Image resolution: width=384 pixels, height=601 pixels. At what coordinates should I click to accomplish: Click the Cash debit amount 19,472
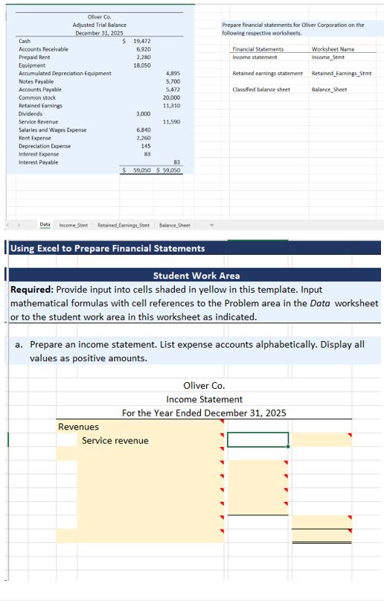point(141,41)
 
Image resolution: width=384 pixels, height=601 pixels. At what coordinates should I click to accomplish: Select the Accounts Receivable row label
point(43,49)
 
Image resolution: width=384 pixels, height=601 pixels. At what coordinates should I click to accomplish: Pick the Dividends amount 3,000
point(144,113)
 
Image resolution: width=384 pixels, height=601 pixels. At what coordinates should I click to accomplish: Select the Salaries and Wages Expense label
point(52,130)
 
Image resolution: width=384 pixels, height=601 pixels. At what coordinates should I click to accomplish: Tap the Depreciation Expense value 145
point(146,146)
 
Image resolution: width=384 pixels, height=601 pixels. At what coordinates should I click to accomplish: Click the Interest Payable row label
point(38,162)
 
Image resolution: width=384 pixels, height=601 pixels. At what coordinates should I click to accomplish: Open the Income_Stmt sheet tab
point(73,224)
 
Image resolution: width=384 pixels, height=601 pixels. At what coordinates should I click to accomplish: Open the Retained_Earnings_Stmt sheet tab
point(124,224)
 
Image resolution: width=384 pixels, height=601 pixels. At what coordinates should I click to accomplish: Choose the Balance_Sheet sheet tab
point(174,224)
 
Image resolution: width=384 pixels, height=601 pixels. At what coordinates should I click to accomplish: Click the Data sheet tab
point(45,224)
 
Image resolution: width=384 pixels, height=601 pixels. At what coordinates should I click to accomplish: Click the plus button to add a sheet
point(211,224)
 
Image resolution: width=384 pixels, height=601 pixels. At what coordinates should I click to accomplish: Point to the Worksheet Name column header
point(333,49)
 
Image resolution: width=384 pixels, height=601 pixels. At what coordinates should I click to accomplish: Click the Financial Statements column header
point(257,49)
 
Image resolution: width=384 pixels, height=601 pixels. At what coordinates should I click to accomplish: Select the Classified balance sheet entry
point(261,89)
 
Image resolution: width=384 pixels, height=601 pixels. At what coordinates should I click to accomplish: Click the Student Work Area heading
point(196,276)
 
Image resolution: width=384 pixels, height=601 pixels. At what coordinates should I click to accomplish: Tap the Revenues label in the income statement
point(79,427)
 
